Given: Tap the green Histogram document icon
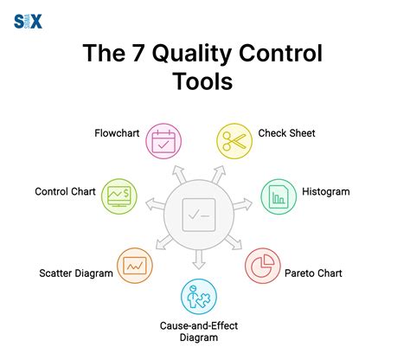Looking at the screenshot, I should [x=278, y=195].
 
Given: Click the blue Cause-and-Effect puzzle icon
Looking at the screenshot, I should [x=199, y=296].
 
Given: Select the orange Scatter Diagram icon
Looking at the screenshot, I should [x=135, y=265].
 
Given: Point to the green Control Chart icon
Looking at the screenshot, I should [x=118, y=195].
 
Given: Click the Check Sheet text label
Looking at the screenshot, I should [x=287, y=134].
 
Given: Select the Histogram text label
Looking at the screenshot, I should [x=326, y=191].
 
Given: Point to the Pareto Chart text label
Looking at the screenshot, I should [x=313, y=273].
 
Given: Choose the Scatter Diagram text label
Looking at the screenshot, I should [x=76, y=273].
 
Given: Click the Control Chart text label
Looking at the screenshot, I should [x=65, y=191].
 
